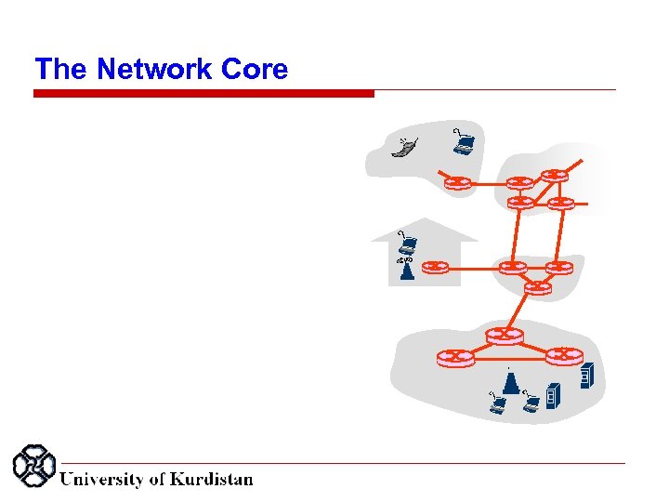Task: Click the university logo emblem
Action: tap(33, 466)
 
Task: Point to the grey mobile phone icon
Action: tap(404, 148)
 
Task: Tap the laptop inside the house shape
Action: tap(407, 245)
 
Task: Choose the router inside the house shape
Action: tap(435, 268)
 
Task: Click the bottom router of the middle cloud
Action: tap(536, 287)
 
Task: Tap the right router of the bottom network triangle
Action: tap(564, 355)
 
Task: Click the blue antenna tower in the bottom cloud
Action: tap(509, 381)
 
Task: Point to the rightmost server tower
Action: tap(586, 376)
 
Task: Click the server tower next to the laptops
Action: tap(554, 396)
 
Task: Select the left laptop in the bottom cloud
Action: tap(498, 403)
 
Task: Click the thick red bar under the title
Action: tap(203, 93)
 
